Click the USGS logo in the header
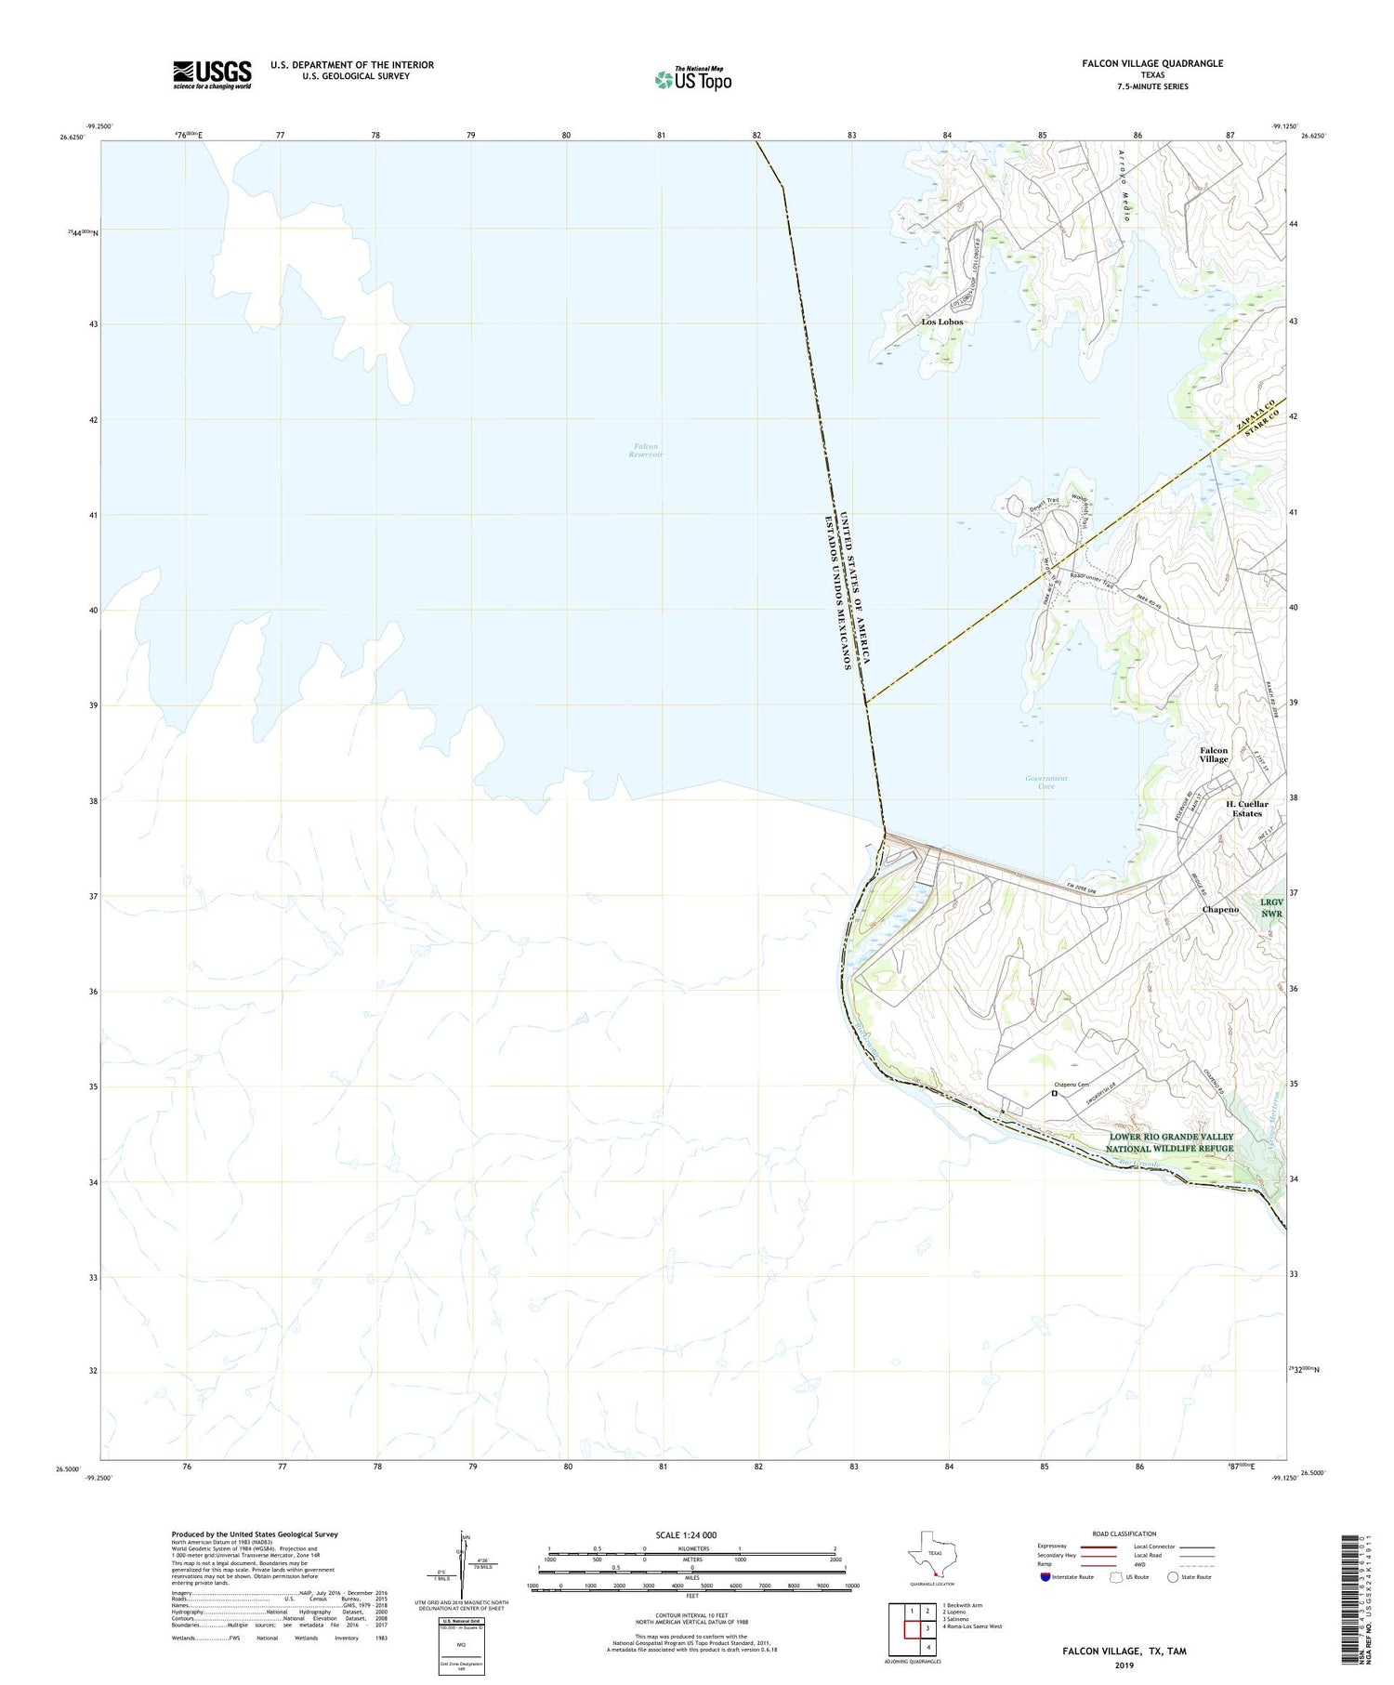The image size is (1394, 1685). coord(212,74)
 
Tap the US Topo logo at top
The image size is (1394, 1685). coord(693,79)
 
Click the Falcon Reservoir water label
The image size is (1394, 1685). coord(646,451)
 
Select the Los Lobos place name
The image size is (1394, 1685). coord(941,322)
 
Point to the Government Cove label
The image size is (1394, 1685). coord(1046,782)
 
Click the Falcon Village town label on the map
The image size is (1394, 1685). coord(1213,755)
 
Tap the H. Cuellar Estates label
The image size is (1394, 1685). coord(1246,809)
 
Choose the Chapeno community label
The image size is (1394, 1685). coord(1220,909)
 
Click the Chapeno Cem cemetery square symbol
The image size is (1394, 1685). coord(1055,1094)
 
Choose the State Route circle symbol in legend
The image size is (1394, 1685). coord(1173,1577)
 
